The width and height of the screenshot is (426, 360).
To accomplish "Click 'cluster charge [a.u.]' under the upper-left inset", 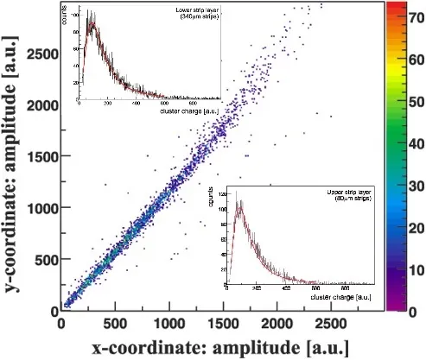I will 188,111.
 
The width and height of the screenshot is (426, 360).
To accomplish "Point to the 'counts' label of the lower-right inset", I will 228,196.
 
